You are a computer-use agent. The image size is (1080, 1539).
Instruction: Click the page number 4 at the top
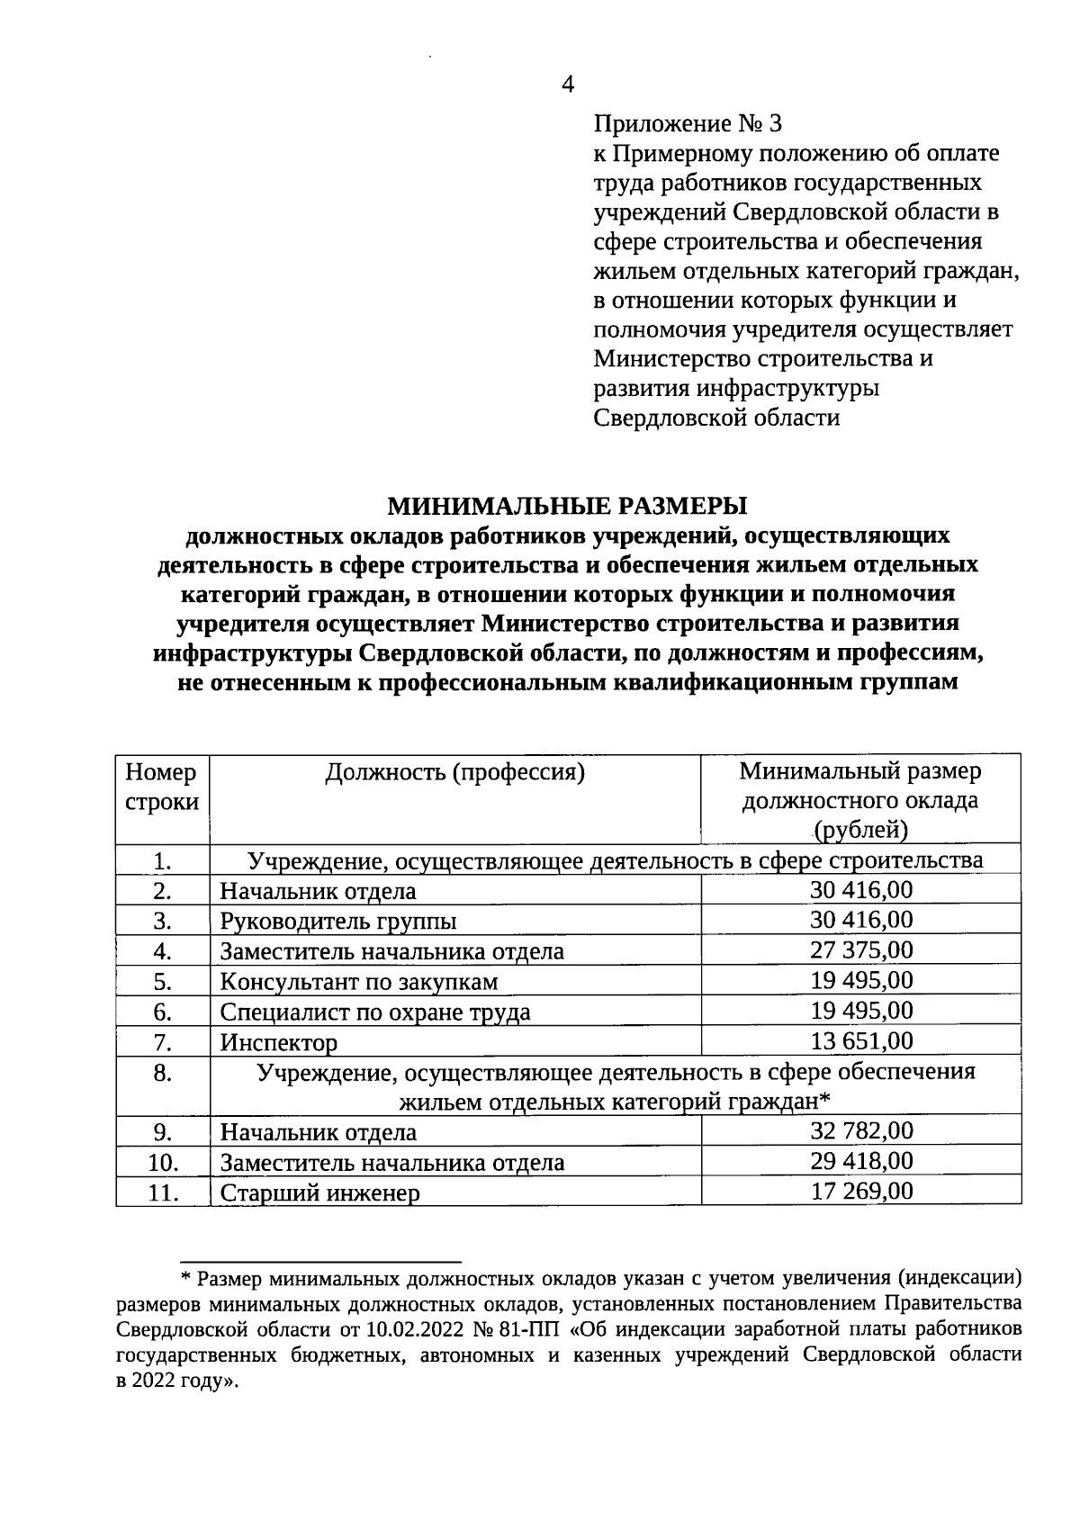[567, 85]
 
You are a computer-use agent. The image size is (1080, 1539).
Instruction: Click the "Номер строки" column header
[162, 787]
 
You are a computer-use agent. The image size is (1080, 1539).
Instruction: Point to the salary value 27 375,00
[861, 950]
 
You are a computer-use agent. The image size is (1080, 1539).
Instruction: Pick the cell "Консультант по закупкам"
[359, 982]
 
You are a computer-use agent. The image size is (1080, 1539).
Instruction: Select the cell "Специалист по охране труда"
[375, 1012]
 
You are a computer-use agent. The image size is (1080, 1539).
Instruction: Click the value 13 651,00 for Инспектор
[861, 1041]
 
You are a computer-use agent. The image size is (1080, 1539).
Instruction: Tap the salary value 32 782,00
[861, 1131]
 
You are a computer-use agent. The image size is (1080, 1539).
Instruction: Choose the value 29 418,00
[861, 1161]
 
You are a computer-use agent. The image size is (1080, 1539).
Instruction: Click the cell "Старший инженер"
[320, 1193]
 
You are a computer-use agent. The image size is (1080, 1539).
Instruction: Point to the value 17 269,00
[861, 1192]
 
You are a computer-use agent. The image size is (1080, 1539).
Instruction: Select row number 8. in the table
[162, 1073]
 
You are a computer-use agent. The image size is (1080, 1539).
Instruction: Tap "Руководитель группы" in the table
[338, 922]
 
